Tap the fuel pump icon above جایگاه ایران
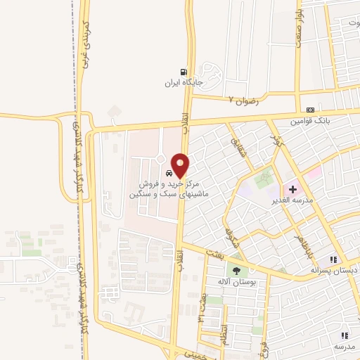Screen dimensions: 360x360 pos(184,72)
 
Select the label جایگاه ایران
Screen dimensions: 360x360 pos(184,83)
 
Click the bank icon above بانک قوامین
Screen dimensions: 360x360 pos(311,110)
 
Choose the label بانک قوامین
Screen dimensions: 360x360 pos(311,121)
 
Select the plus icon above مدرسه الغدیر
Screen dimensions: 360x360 pos(292,190)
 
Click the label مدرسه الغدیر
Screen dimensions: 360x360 pos(301,200)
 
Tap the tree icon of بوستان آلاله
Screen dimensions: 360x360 pos(236,271)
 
